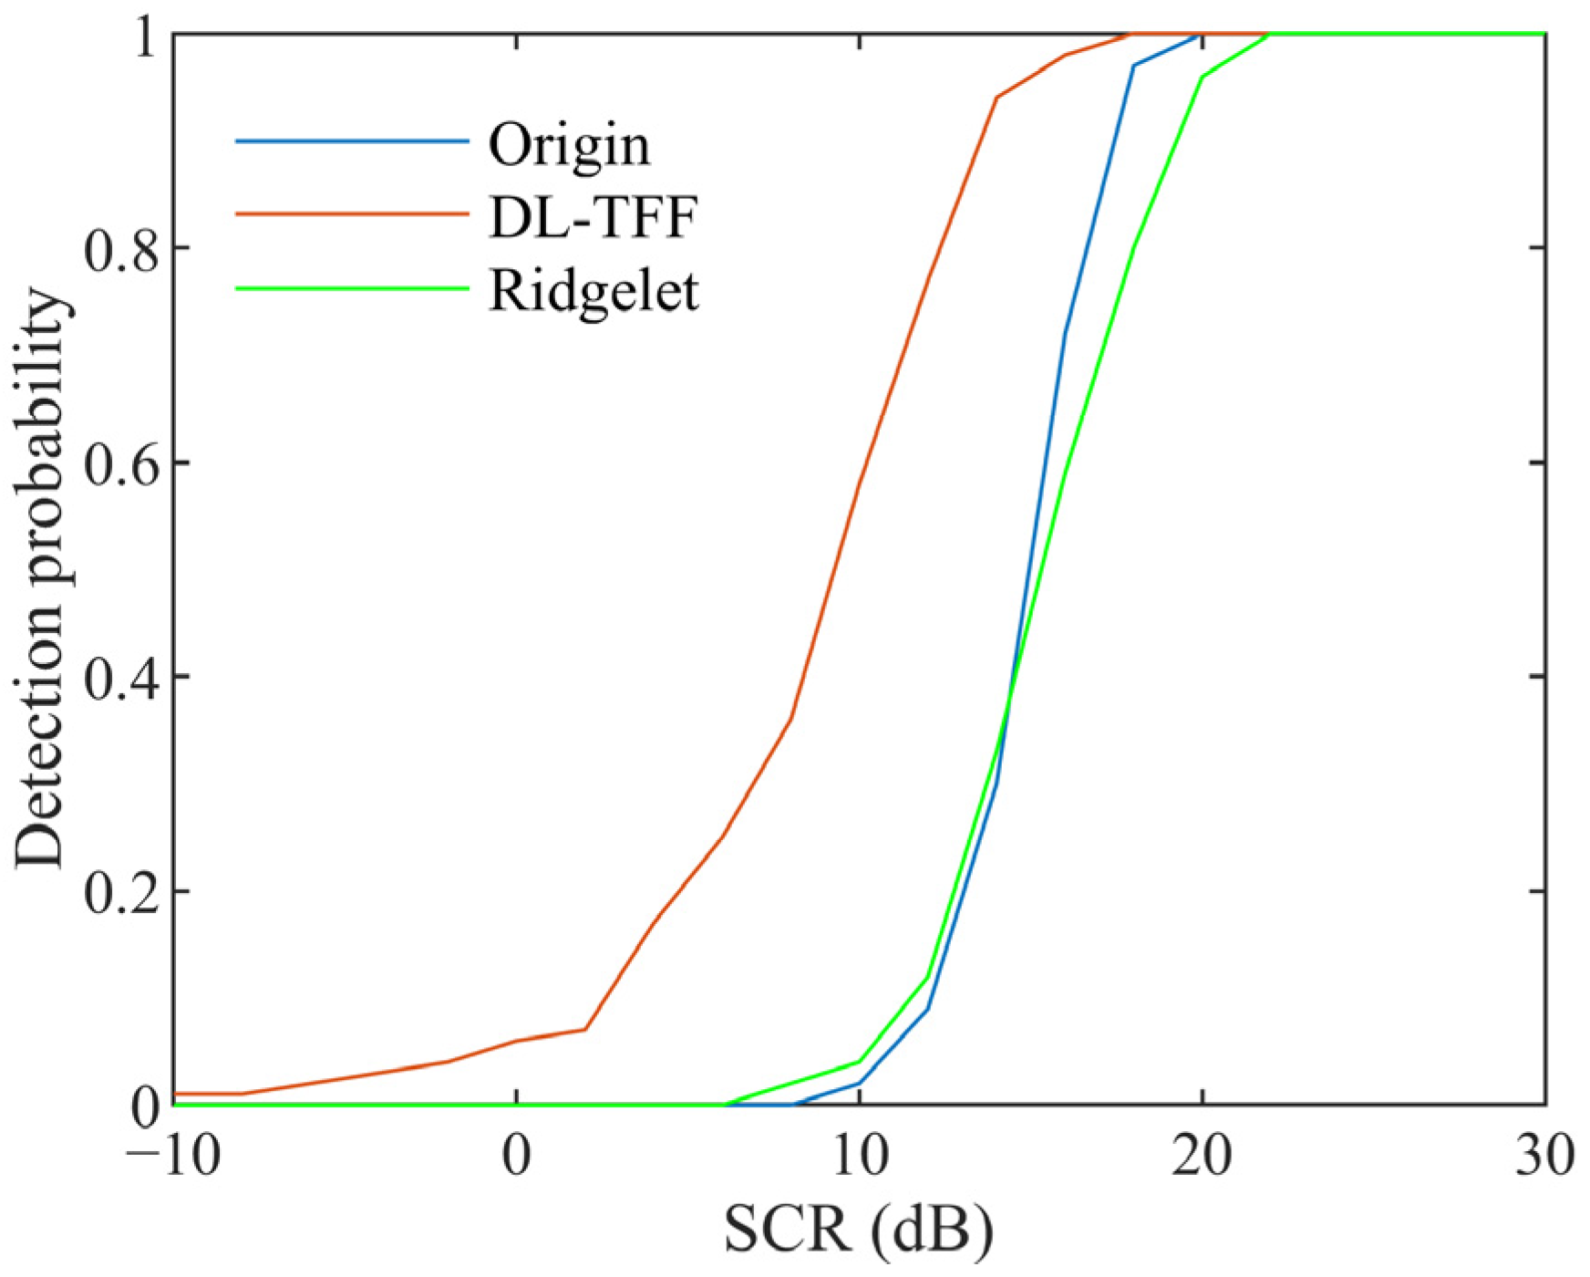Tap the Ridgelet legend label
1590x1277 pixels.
tap(594, 292)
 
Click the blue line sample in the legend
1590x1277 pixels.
tap(352, 141)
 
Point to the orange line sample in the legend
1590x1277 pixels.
tap(352, 214)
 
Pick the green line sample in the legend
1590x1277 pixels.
tap(352, 289)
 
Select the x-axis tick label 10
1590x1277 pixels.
tap(859, 1156)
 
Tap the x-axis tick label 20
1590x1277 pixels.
tap(1202, 1156)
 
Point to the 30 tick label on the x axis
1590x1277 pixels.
tap(1544, 1156)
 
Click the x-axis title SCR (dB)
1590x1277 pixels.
tap(858, 1231)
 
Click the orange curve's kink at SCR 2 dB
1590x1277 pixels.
tap(585, 1029)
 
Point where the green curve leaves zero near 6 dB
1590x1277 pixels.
tap(724, 1105)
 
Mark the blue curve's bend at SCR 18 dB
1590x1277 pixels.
tap(1133, 66)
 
